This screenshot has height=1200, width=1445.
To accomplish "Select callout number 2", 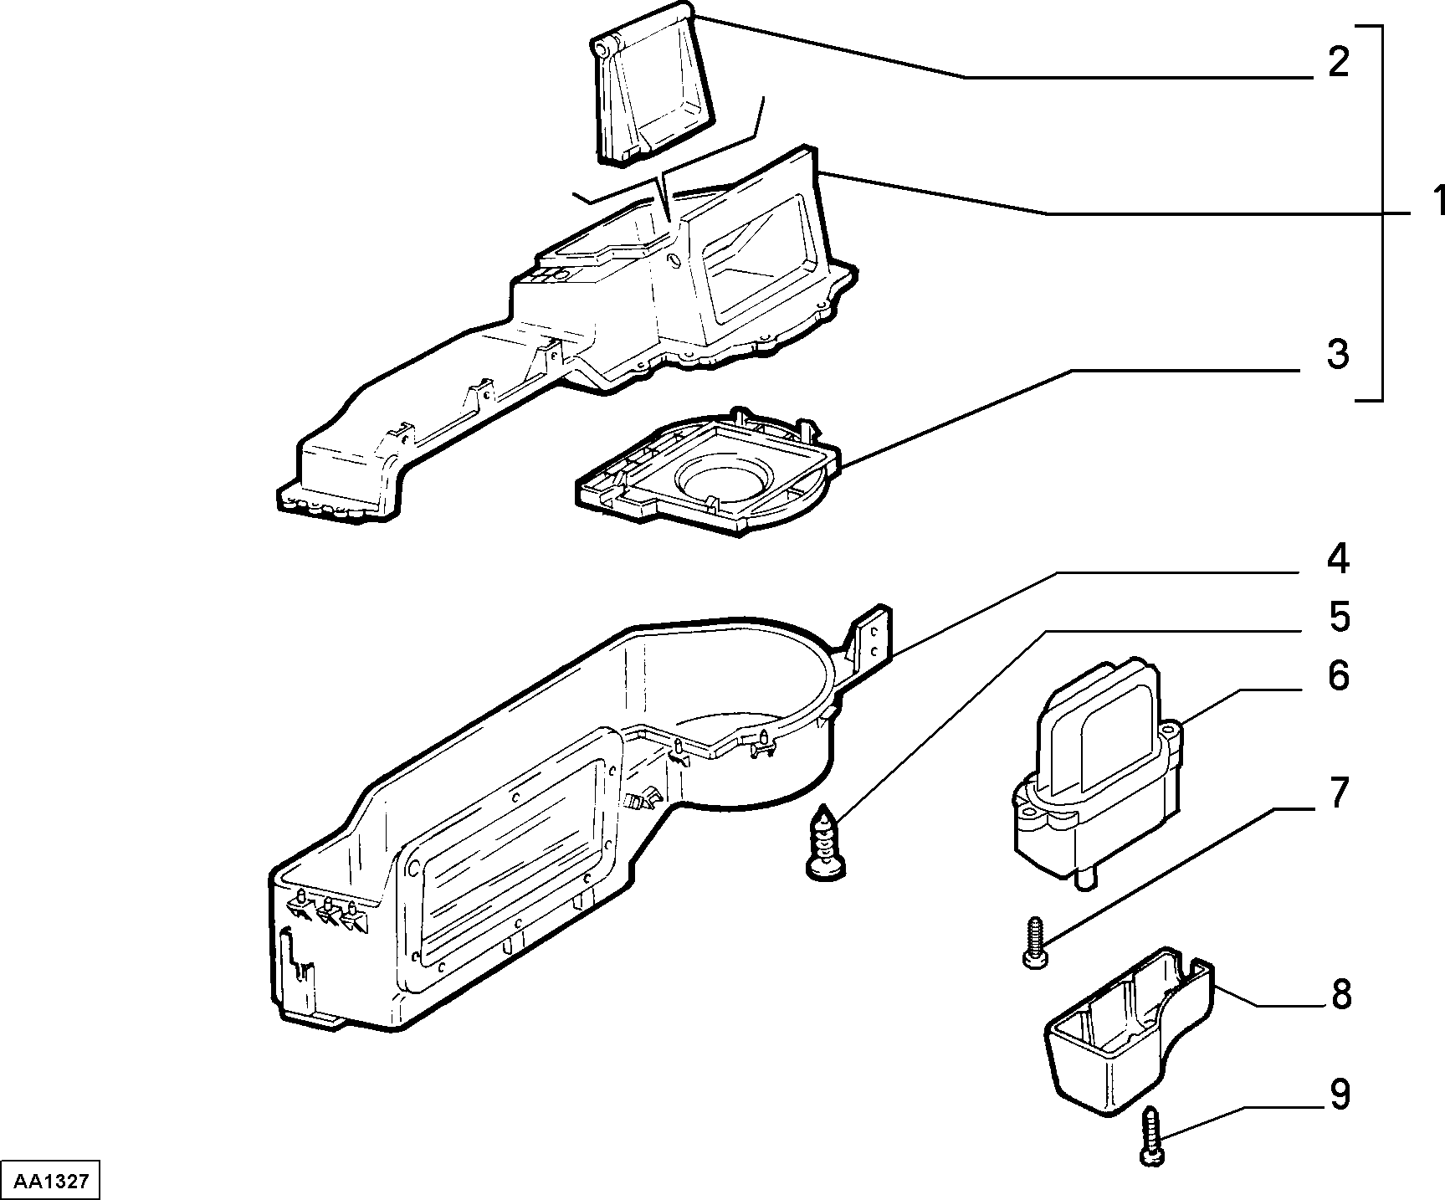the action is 1339,63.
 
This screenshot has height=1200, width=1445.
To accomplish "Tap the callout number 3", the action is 1338,354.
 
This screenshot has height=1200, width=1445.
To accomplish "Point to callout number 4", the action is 1338,558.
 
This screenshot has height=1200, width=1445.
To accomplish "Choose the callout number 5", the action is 1339,617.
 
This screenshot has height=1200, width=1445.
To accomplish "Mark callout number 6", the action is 1339,675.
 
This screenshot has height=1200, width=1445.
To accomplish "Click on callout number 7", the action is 1339,792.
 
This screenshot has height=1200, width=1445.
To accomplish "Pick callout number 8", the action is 1340,996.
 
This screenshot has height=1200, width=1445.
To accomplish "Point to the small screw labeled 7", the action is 1034,942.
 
